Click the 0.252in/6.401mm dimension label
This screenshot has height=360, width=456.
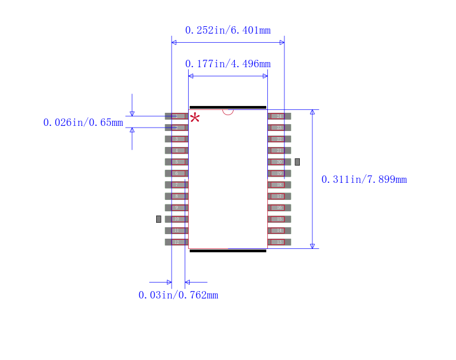coord(227,30)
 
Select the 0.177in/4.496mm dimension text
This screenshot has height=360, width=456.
coord(227,64)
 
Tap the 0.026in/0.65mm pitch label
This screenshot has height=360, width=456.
coord(83,122)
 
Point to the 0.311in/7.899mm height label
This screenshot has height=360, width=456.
coord(364,179)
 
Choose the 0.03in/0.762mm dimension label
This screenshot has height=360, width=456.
coord(178,295)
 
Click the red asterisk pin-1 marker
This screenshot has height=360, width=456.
coord(195,118)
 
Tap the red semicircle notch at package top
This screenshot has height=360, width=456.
coord(228,112)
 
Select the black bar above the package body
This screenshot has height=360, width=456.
coord(228,107)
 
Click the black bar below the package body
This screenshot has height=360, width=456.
coord(228,251)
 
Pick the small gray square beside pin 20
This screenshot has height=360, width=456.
coord(297,162)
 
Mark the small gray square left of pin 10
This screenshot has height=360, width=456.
coord(158,219)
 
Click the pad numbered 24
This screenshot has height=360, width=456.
coord(279,116)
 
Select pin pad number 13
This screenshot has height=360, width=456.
coord(279,242)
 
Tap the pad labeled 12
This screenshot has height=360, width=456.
coord(177,242)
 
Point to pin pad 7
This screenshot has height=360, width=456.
coord(177,185)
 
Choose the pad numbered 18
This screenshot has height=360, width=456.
coord(279,185)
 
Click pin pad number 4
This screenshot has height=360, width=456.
coord(177,150)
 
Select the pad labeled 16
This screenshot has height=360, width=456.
coord(279,207)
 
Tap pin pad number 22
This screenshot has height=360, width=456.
coord(279,139)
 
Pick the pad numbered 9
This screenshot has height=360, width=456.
coord(177,207)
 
